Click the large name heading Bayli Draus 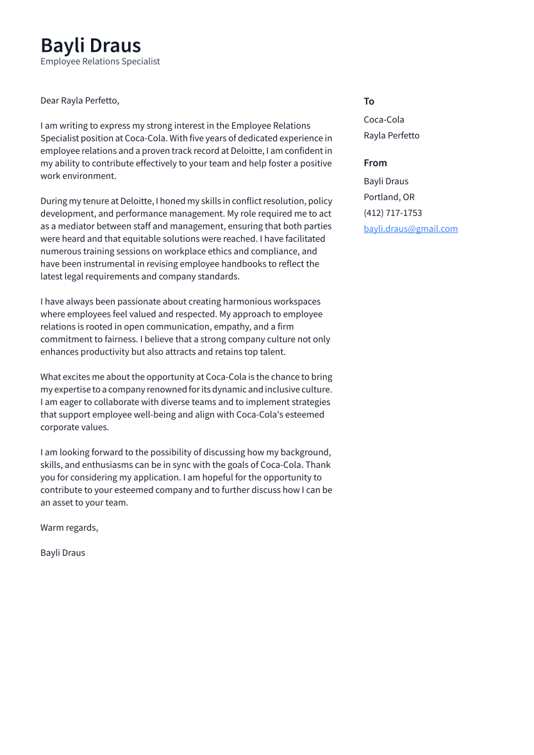point(90,46)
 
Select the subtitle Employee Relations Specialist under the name point(100,62)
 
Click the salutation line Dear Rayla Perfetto point(79,101)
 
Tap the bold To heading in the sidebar point(369,101)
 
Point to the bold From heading point(375,163)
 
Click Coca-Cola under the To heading point(383,120)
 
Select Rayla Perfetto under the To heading point(391,136)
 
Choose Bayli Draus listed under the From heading point(385,181)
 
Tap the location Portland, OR point(388,197)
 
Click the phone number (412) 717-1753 point(392,213)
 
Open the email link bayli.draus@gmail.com point(410,229)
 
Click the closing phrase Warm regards point(69,528)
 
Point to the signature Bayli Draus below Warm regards point(62,553)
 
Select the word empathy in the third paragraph point(232,327)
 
